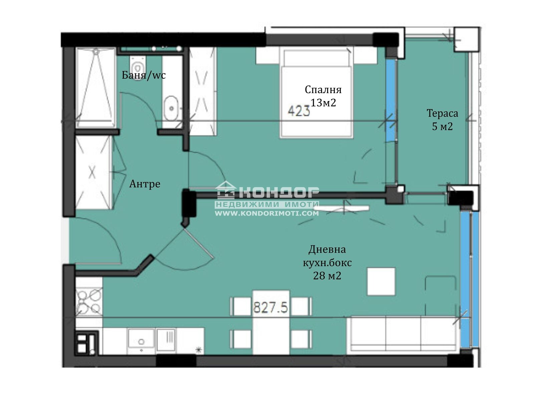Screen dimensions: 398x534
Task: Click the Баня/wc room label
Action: [144, 75]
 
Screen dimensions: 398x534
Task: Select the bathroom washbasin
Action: [171, 107]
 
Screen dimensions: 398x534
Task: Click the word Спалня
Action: [323, 89]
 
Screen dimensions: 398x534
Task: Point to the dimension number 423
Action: [299, 111]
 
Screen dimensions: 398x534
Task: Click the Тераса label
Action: [442, 113]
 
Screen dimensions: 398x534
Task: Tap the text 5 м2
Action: [442, 127]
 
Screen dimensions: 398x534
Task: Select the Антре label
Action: [145, 184]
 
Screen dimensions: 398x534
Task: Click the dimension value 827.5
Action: [271, 307]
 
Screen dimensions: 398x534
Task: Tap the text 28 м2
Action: [327, 276]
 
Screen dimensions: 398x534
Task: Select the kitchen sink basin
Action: [141, 340]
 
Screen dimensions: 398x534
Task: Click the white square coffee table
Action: [381, 281]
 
